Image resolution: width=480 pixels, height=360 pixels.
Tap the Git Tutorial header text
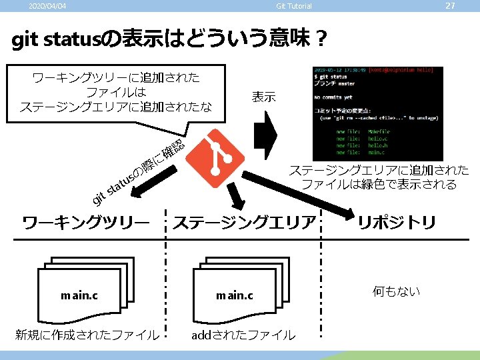[x=293, y=7]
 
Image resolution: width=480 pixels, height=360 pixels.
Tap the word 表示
[x=263, y=97]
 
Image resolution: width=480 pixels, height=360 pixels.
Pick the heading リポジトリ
[x=397, y=222]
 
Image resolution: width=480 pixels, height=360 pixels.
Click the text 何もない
[x=397, y=291]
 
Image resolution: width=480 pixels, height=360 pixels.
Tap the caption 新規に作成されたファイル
[x=87, y=335]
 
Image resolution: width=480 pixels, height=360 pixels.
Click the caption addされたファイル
[x=243, y=335]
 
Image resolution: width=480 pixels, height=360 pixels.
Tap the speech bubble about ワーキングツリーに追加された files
[x=116, y=93]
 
